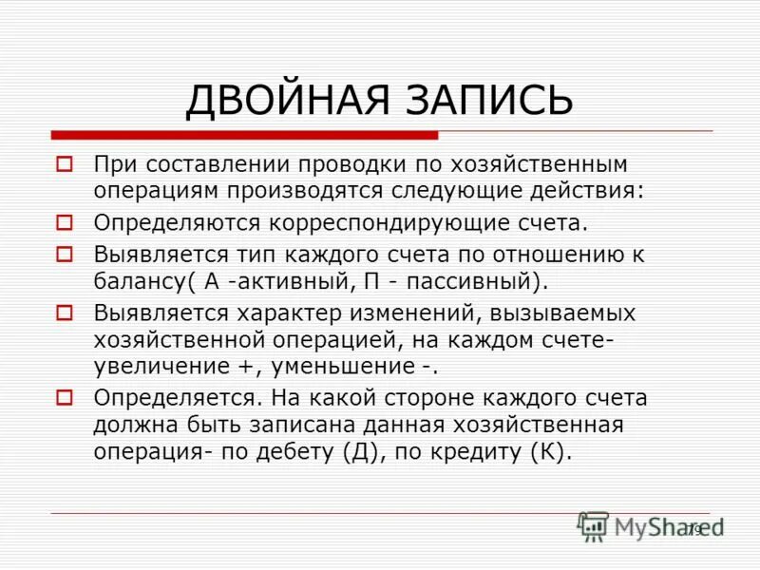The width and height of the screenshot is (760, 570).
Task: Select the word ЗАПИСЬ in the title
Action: click(x=492, y=100)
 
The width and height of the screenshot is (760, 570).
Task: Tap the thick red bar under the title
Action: click(x=244, y=135)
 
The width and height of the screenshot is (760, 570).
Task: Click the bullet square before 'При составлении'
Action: click(x=65, y=164)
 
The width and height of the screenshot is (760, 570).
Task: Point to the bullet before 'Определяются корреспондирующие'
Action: click(x=65, y=223)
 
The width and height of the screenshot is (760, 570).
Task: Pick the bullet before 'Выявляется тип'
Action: click(x=65, y=254)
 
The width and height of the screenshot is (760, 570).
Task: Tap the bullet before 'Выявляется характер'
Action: click(x=65, y=312)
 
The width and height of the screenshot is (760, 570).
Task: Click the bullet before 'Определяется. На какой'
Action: click(x=65, y=397)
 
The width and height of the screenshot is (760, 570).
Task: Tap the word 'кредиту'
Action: click(x=471, y=451)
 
